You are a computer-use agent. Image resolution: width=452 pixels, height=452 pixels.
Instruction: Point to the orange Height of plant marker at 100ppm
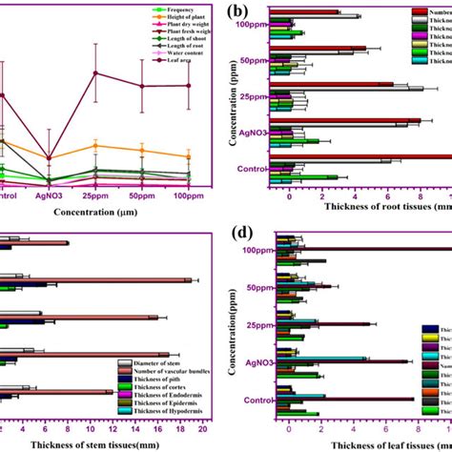pos(189,156)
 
